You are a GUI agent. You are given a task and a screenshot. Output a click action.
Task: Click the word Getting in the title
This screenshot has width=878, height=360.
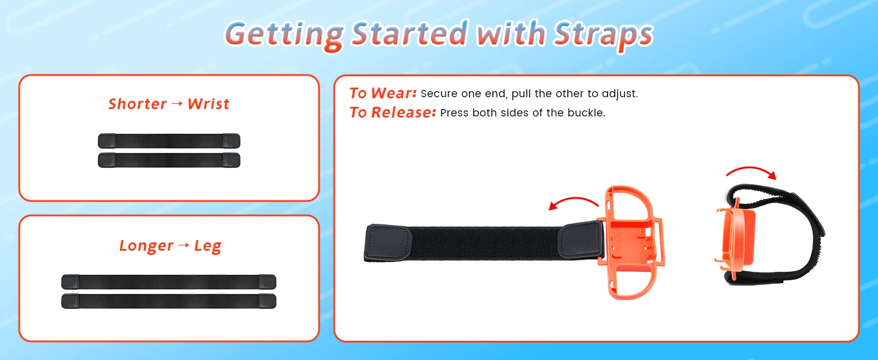(x=284, y=35)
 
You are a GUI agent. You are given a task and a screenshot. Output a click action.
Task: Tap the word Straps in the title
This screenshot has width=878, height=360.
(x=603, y=35)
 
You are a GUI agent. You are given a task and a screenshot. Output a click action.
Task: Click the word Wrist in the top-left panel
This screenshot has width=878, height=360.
(x=208, y=104)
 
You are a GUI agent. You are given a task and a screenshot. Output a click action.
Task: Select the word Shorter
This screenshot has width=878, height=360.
(x=137, y=104)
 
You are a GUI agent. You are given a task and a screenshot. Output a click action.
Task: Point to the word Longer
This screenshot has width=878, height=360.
(x=146, y=246)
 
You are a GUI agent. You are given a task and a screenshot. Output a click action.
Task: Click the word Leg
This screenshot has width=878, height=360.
(x=208, y=247)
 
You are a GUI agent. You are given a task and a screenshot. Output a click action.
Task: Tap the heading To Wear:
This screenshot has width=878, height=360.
(x=383, y=94)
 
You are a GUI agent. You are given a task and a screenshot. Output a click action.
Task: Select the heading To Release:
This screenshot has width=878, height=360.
(x=393, y=113)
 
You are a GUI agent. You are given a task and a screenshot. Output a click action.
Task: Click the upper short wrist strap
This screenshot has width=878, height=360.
(x=169, y=141)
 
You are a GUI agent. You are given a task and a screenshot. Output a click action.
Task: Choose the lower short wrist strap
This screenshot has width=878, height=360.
(x=169, y=160)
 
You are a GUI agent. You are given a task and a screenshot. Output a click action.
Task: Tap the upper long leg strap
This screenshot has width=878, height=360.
(x=169, y=281)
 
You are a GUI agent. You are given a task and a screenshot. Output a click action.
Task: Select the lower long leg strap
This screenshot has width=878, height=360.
(x=169, y=301)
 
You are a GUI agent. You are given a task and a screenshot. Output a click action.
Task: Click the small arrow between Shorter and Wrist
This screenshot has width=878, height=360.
(x=177, y=104)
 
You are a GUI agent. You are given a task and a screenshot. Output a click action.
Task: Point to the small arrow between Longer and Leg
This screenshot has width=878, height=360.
(x=184, y=245)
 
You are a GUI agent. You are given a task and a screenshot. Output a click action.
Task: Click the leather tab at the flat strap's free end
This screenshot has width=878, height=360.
(x=387, y=243)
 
